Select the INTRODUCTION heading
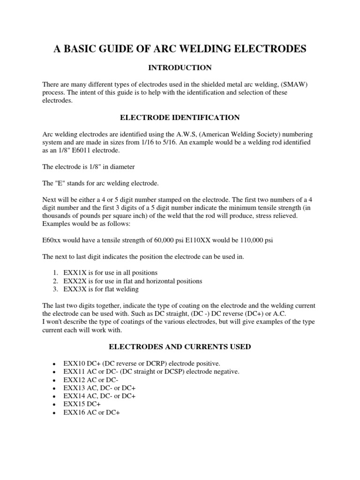tap(180, 68)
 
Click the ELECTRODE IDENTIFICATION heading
tap(180, 117)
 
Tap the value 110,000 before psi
tap(247, 240)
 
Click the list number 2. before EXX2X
tap(55, 281)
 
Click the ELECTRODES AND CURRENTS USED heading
tap(180, 347)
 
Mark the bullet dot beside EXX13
tap(55, 388)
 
